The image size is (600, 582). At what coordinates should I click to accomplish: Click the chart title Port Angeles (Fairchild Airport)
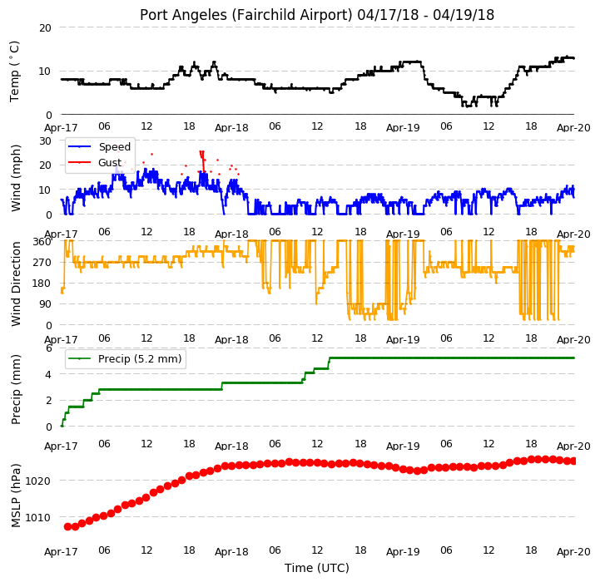click(x=245, y=15)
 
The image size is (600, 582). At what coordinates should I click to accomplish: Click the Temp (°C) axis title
click(x=14, y=72)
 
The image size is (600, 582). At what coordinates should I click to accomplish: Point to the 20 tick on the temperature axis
click(x=45, y=28)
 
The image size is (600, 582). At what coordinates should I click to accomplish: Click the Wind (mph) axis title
click(x=15, y=178)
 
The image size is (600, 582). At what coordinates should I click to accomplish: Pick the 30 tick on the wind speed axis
click(x=45, y=141)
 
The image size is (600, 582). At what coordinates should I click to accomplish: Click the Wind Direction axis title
click(x=16, y=284)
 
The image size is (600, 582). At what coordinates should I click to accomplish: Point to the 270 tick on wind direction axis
click(x=42, y=263)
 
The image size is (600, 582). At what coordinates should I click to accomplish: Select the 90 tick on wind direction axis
click(x=45, y=304)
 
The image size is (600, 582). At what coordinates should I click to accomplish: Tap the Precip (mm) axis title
click(x=15, y=390)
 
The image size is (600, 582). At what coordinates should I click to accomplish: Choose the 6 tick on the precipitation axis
click(x=48, y=348)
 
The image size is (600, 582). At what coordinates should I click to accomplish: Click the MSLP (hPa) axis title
click(x=15, y=496)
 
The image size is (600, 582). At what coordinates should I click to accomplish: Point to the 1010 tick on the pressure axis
click(x=38, y=518)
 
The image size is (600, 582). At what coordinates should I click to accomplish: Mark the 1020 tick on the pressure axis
click(x=38, y=481)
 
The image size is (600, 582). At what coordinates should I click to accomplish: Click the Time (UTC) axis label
click(x=317, y=568)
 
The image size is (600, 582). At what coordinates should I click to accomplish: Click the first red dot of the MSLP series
click(x=67, y=527)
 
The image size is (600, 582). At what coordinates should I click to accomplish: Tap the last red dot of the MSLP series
click(x=573, y=461)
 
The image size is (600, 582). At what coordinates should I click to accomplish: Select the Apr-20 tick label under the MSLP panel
click(x=573, y=552)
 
